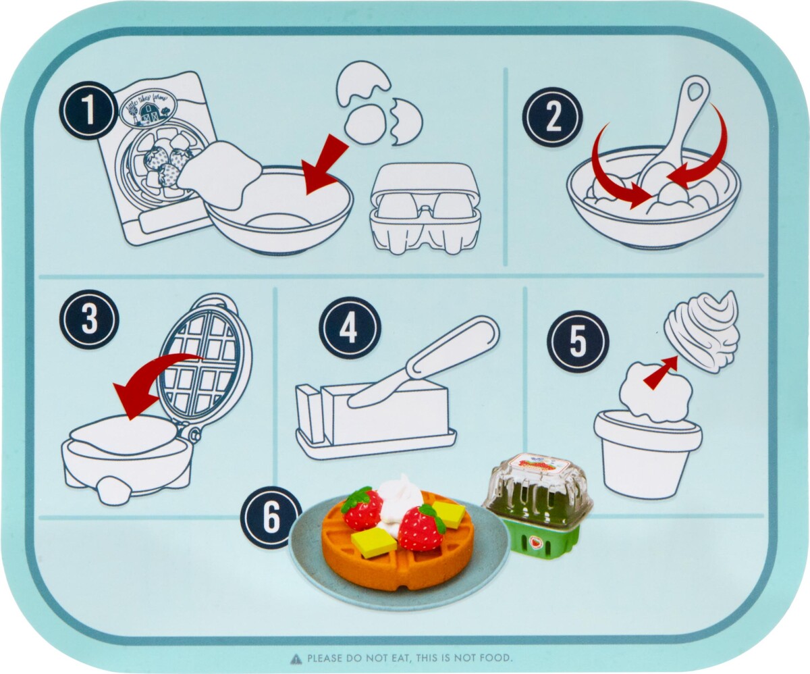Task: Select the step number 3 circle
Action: (89, 320)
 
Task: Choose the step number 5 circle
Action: (578, 341)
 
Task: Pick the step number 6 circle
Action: (271, 517)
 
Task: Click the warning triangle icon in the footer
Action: (296, 658)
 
